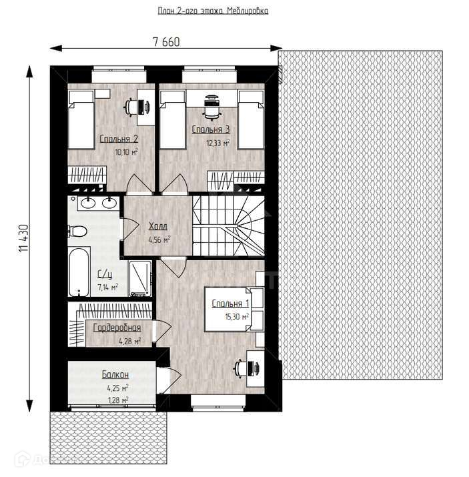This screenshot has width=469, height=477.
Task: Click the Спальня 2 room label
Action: [119, 139]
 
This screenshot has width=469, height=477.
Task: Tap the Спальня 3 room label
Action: [211, 129]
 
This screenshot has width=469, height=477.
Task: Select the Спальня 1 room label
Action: [231, 304]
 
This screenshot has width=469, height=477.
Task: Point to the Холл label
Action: [158, 226]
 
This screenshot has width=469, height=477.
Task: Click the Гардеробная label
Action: [117, 328]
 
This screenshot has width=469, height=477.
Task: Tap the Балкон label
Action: [115, 374]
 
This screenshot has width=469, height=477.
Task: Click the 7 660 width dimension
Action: [166, 42]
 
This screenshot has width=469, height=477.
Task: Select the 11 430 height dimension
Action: [24, 238]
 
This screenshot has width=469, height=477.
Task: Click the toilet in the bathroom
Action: [78, 231]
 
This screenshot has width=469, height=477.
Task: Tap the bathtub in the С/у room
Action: [79, 272]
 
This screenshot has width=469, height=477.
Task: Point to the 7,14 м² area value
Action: [107, 287]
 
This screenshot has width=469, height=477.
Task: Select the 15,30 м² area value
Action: [237, 317]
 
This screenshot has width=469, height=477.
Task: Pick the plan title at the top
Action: [213, 11]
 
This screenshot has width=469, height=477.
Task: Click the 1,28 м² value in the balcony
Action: [118, 400]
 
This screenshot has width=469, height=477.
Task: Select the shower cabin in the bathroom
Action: [140, 278]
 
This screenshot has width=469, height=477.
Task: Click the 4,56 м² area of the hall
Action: [159, 240]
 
